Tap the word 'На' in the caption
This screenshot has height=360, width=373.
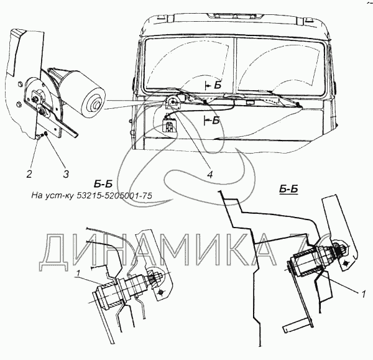tap(38, 196)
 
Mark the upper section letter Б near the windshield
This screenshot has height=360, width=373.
tap(216, 84)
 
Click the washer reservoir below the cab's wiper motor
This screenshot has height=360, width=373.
tap(168, 127)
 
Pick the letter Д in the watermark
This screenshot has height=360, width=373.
tap(59, 249)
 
